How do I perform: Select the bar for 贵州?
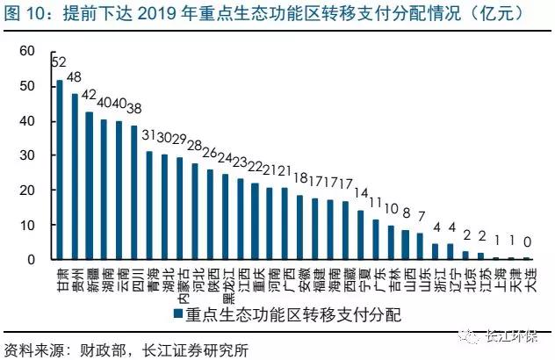[x=75, y=176]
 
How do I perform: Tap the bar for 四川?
[x=133, y=193]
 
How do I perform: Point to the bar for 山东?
[x=420, y=247]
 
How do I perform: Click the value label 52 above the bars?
[x=59, y=63]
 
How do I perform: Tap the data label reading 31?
[x=149, y=134]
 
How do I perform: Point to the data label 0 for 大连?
[x=527, y=241]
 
